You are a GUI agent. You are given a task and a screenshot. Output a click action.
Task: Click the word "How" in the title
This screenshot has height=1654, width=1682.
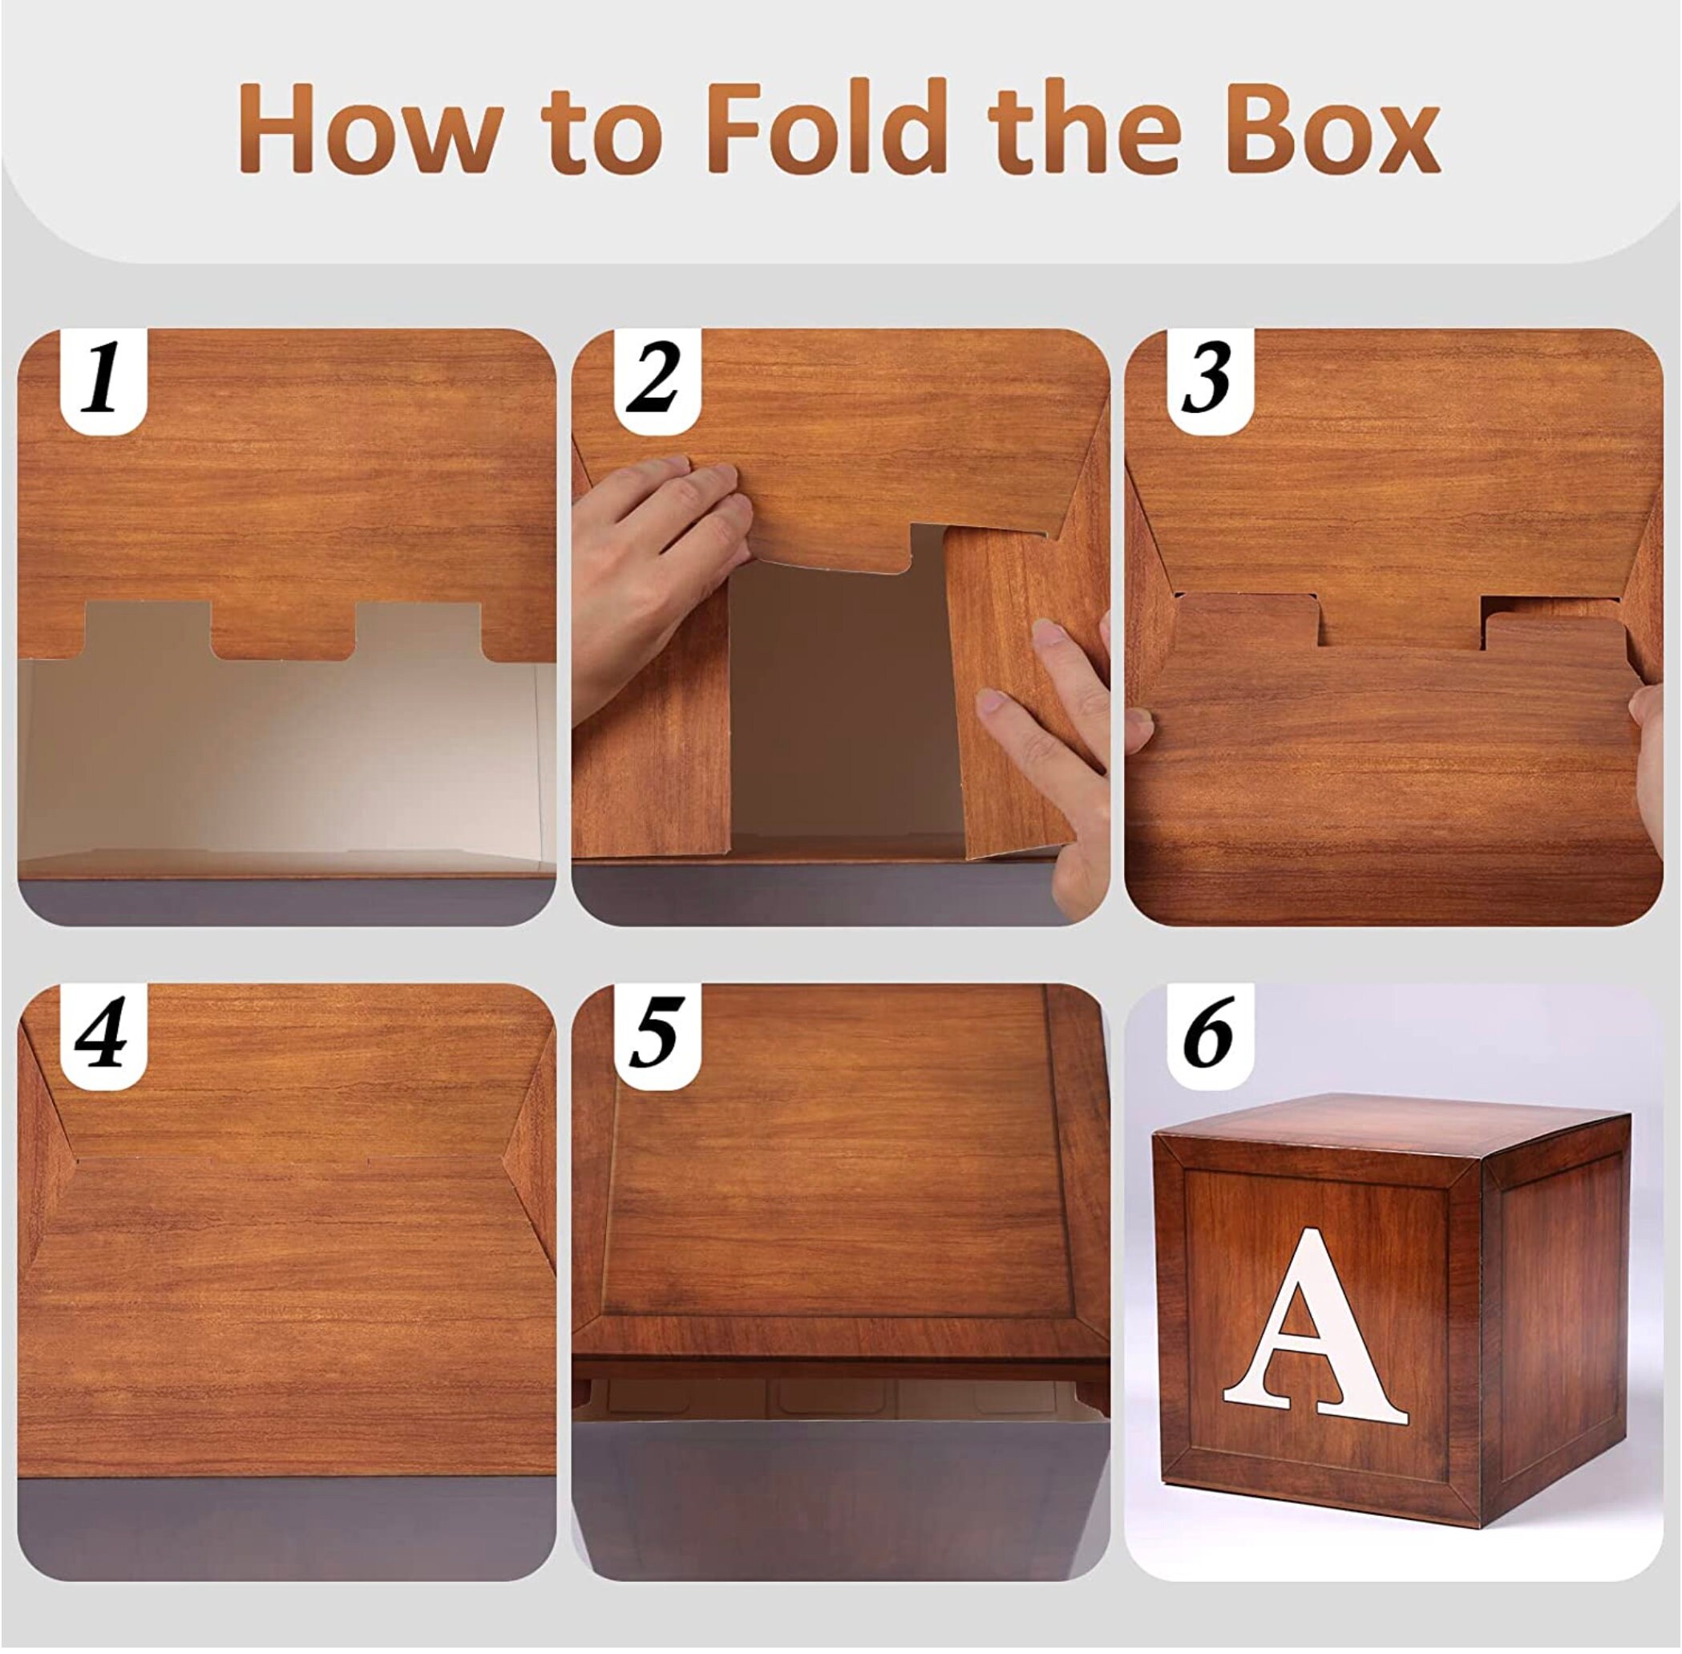[369, 129]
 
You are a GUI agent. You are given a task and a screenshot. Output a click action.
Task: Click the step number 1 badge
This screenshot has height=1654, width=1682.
[103, 379]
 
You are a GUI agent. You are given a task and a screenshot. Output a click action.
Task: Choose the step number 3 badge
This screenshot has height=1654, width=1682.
[1210, 379]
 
